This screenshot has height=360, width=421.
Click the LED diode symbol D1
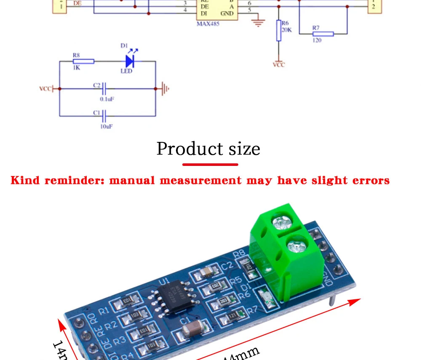coord(130,61)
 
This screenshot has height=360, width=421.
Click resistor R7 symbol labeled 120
coord(323,34)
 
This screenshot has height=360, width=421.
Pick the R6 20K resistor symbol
coord(278,30)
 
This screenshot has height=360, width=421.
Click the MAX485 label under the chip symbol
coord(208,24)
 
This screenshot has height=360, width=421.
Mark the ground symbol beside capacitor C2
coord(165,89)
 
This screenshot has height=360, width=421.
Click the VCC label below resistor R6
coord(279,64)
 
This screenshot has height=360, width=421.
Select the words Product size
coord(208,149)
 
